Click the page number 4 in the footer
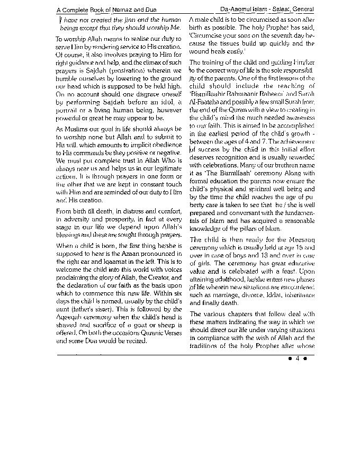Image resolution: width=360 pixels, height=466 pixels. [x=298, y=359]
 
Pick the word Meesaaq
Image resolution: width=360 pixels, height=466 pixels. [x=302, y=240]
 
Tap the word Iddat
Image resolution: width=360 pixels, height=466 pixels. [x=269, y=295]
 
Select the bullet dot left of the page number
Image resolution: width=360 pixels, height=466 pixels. [x=290, y=359]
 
